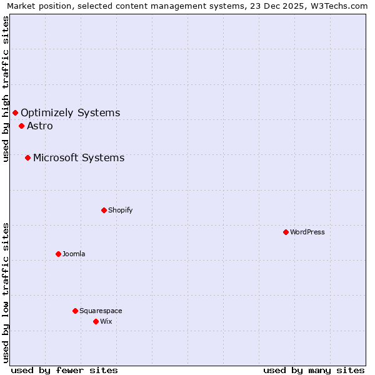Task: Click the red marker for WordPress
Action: coord(286,232)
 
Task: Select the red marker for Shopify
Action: coord(104,210)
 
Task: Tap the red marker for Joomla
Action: coord(58,254)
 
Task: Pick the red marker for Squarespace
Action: coord(75,311)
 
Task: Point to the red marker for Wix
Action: coord(96,321)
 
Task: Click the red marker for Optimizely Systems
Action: coord(15,112)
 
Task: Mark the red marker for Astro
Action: coord(21,126)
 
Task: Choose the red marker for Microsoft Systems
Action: coord(27,157)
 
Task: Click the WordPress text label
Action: coord(307,232)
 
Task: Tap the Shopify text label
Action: coord(121,210)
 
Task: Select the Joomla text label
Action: coord(74,254)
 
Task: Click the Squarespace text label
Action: coord(101,311)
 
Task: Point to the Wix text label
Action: coord(106,321)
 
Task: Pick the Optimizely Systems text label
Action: coord(71,113)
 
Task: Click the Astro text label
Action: coord(40,126)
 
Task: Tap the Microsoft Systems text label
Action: coord(79,158)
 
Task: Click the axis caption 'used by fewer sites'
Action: coord(64,371)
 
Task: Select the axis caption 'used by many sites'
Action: coord(314,371)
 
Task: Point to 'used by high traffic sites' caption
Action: coord(6,89)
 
